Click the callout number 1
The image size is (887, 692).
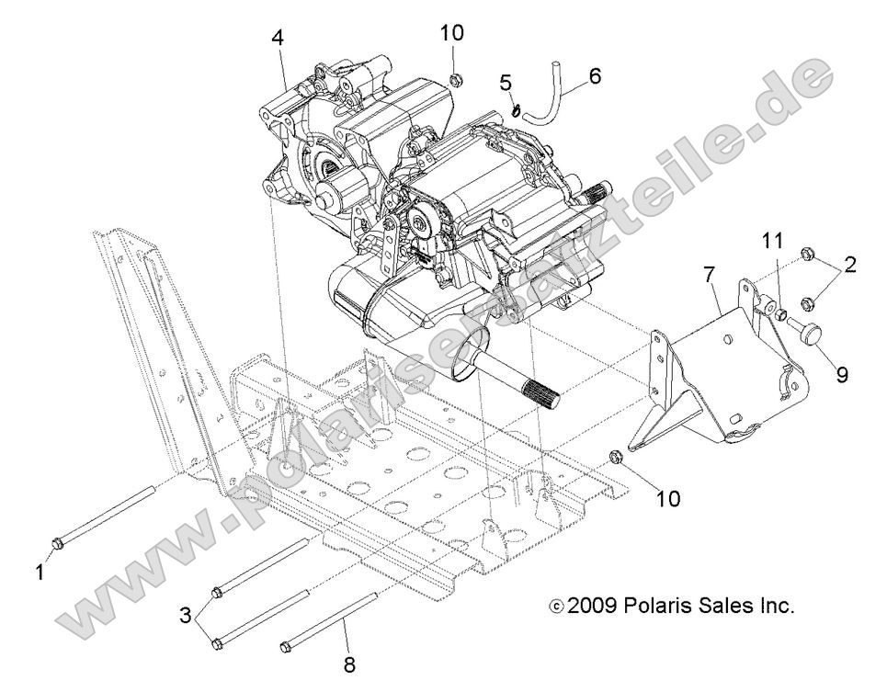click(x=40, y=572)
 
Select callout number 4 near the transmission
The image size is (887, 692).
click(x=278, y=38)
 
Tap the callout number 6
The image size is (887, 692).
click(x=595, y=75)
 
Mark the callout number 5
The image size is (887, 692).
click(x=506, y=83)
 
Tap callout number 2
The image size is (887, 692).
click(x=850, y=266)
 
